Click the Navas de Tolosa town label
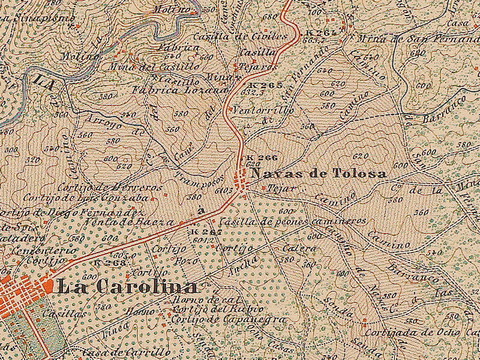pyautogui.click(x=319, y=174)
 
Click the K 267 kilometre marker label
pyautogui.click(x=206, y=232)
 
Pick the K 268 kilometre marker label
pyautogui.click(x=110, y=263)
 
